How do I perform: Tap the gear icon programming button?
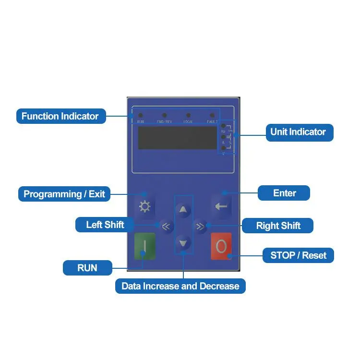(x=144, y=207)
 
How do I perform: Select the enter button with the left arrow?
(x=221, y=206)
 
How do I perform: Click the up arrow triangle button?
(x=183, y=209)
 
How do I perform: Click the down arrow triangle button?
(x=183, y=243)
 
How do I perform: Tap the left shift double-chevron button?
(x=166, y=226)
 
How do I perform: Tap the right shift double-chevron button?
(x=200, y=226)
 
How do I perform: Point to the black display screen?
(x=178, y=138)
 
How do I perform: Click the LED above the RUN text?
(x=141, y=116)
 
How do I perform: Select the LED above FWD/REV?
(x=165, y=116)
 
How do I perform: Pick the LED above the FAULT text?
(x=212, y=116)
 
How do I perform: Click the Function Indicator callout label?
(x=60, y=116)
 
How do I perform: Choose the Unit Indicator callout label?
(x=299, y=132)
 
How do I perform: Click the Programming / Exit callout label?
(x=64, y=194)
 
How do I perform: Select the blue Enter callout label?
(x=284, y=193)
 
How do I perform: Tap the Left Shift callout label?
(x=105, y=225)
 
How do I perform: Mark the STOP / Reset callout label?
(x=298, y=255)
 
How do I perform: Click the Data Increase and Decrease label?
(x=180, y=287)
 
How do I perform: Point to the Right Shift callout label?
(x=278, y=226)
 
